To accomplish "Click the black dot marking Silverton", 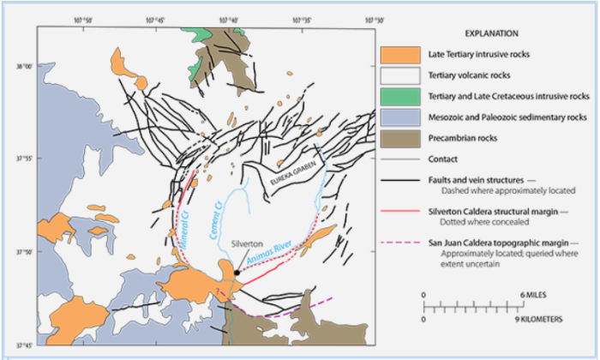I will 237,273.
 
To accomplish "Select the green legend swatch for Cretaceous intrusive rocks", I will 400,96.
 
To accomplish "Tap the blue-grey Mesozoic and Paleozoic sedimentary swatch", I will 400,117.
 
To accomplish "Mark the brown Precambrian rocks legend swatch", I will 400,137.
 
